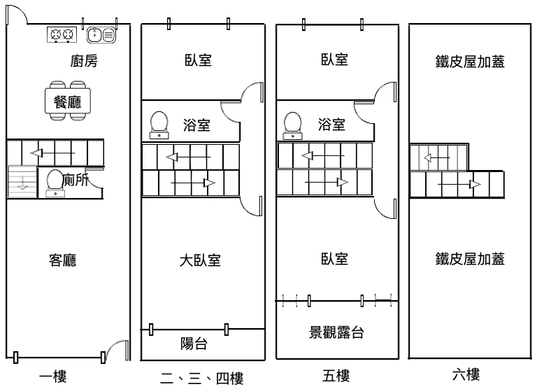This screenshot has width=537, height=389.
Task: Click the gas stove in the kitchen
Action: [61, 34]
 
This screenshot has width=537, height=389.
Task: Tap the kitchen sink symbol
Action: [102, 34]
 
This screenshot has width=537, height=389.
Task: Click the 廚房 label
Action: [84, 62]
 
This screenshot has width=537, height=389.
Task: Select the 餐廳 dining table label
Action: [67, 102]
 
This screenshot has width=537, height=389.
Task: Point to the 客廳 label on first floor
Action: [63, 261]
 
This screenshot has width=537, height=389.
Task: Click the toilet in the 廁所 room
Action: [53, 181]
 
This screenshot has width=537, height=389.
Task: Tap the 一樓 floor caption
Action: [52, 378]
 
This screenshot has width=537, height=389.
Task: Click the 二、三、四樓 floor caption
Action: [201, 379]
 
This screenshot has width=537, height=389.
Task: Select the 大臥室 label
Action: [201, 261]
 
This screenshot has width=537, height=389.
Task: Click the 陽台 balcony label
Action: [194, 344]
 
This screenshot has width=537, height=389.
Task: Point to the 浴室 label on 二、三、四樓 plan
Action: [197, 126]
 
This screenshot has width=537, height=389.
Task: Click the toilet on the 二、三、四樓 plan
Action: [160, 124]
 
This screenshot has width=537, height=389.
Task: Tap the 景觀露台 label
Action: [336, 332]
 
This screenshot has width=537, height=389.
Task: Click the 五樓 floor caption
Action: [336, 377]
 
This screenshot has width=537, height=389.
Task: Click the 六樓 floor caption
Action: [466, 375]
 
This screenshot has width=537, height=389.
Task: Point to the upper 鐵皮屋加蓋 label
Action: [470, 62]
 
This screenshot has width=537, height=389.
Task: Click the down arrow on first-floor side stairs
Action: [21, 184]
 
